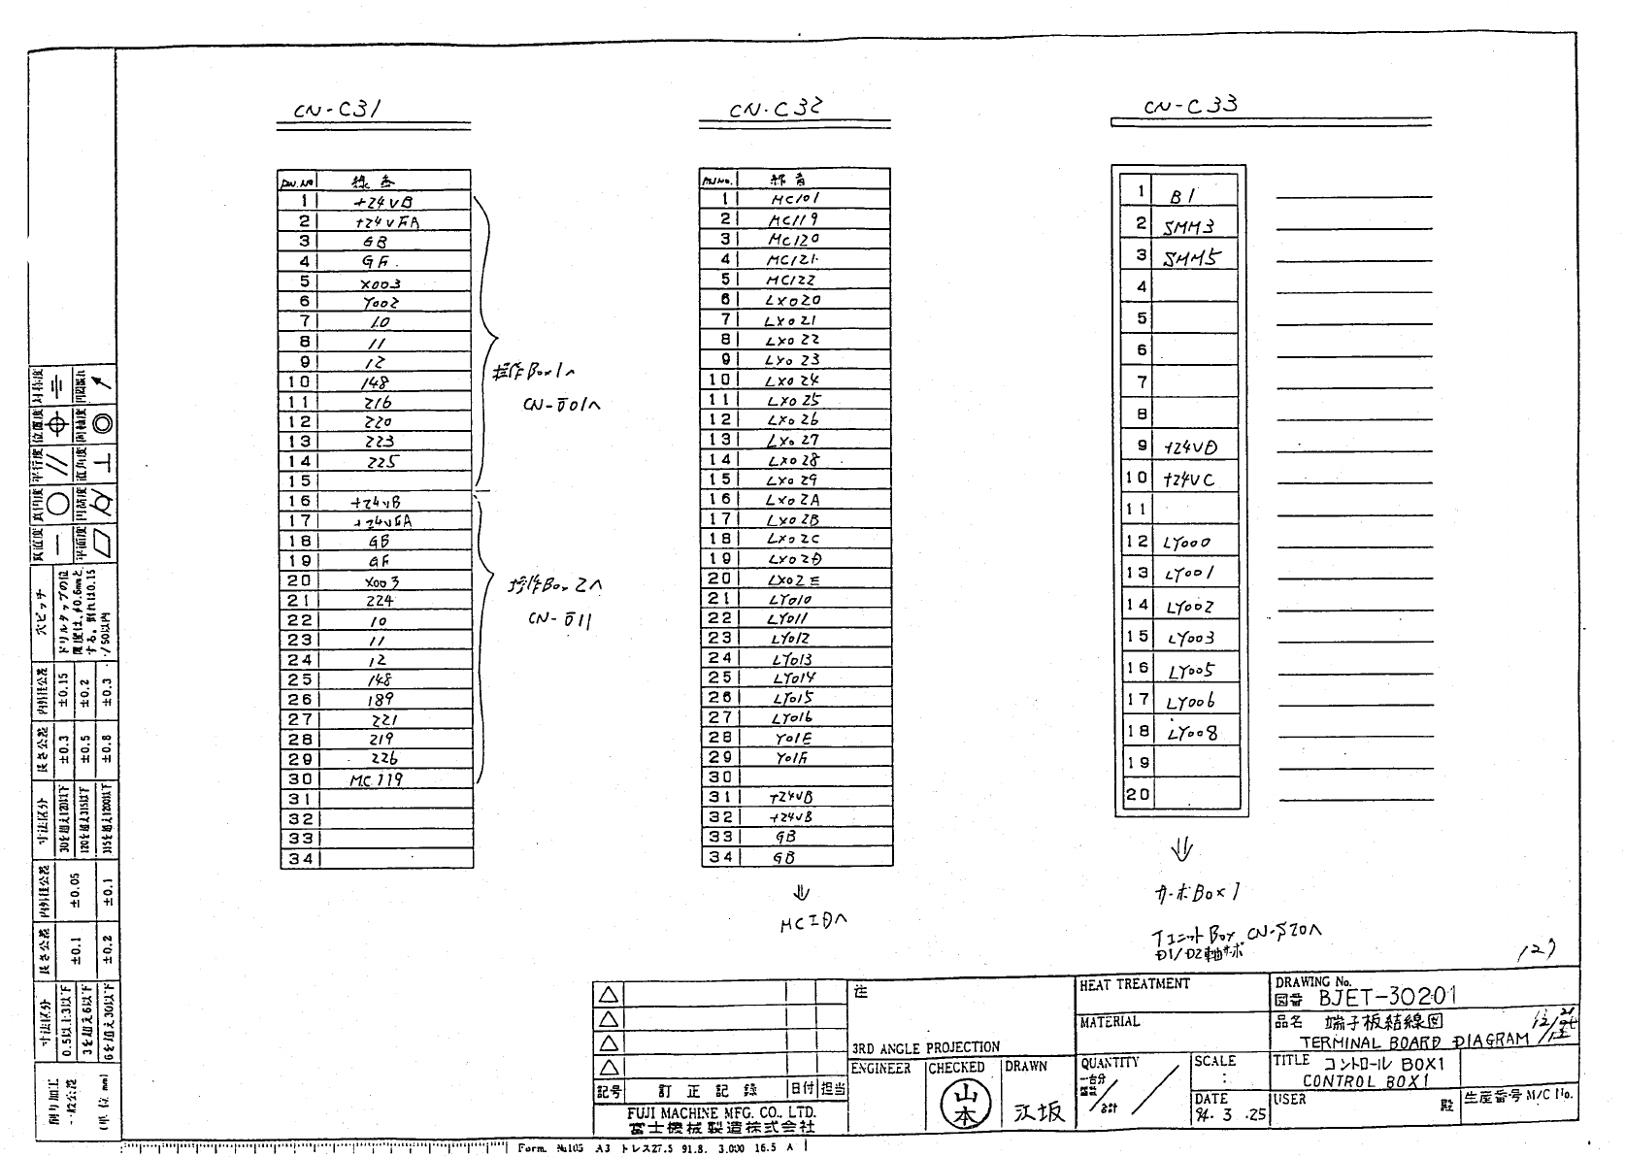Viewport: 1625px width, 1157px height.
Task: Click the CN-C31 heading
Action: pos(337,110)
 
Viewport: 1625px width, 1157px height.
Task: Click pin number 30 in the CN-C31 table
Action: pos(299,778)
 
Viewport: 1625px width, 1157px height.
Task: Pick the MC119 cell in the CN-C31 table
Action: pos(376,779)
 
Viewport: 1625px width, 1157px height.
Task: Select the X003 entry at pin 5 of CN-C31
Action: pos(380,283)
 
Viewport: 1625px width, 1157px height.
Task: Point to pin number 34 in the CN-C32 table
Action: pos(720,857)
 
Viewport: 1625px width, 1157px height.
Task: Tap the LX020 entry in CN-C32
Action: pos(792,300)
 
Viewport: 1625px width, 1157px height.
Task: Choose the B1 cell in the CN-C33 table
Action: pos(1181,195)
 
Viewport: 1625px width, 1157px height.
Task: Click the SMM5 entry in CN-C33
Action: pos(1191,258)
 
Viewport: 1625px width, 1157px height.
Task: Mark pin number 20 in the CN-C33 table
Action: pos(1137,794)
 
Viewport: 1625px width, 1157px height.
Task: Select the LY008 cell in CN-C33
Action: pos(1192,733)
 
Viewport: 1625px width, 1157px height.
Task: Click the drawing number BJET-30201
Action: pos(1387,997)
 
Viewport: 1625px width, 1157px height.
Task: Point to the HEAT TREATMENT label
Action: pos(1134,984)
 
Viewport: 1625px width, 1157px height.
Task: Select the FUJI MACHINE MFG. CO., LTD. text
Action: pos(720,1112)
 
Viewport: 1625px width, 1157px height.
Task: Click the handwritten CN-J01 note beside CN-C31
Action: pos(560,404)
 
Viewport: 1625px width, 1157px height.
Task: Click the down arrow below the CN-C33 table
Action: pos(1180,850)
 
